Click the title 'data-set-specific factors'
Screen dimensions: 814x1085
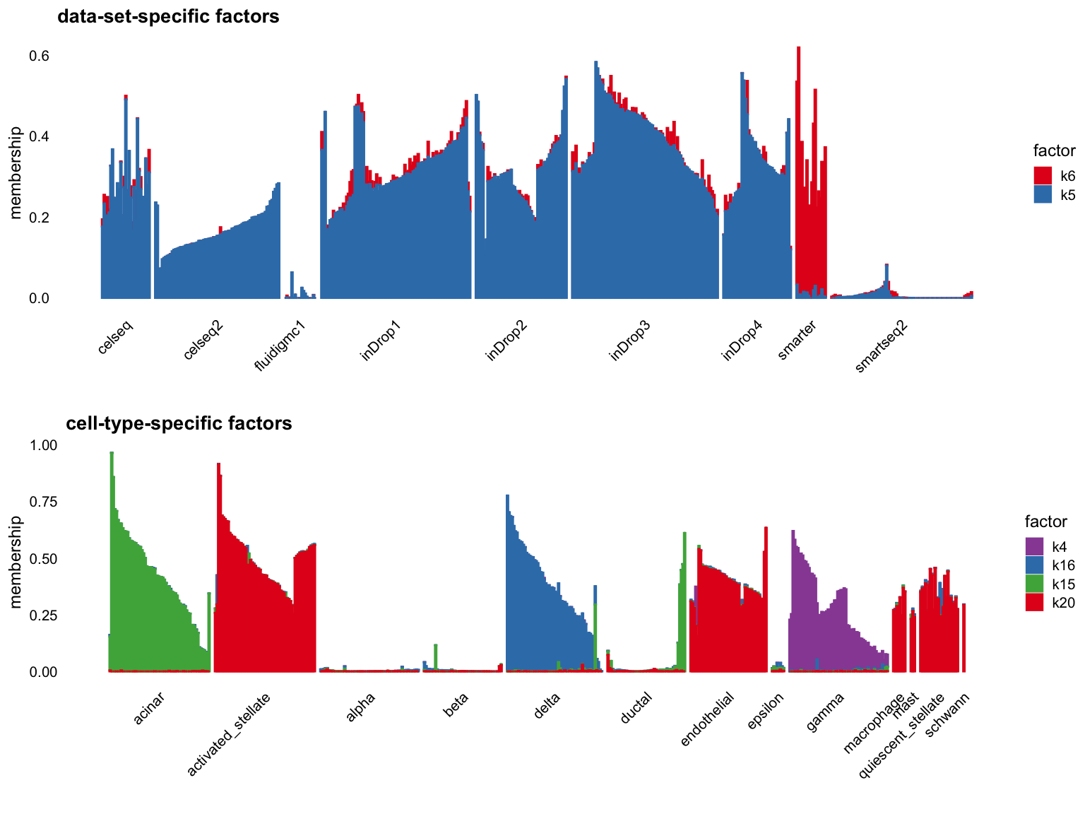[168, 16]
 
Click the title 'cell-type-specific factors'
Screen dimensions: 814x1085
[179, 423]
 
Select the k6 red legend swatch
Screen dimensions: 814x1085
[1043, 176]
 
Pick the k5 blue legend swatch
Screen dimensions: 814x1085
[1043, 194]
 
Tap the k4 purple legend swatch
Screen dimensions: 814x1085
[1035, 546]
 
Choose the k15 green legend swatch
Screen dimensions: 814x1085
[1035, 583]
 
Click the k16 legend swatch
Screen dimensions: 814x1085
[1035, 565]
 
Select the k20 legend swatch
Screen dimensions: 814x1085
[1035, 601]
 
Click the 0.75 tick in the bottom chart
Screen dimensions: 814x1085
[43, 502]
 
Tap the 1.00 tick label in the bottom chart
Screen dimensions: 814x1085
[43, 445]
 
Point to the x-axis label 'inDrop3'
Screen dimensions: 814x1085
[630, 341]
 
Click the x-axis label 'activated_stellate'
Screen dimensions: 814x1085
[229, 735]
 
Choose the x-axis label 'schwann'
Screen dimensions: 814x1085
[947, 714]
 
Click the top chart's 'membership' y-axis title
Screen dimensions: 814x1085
[16, 173]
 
